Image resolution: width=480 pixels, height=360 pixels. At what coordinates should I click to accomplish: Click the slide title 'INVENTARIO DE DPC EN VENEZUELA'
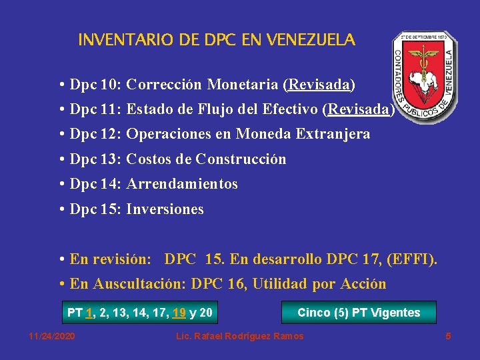[217, 40]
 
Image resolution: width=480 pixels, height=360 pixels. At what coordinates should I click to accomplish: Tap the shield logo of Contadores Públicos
[424, 77]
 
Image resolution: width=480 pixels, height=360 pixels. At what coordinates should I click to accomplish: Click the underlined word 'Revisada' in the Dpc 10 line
[319, 85]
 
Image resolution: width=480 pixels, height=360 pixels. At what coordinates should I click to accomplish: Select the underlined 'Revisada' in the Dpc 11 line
[358, 109]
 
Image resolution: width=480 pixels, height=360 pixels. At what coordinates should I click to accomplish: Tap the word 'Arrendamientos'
[182, 184]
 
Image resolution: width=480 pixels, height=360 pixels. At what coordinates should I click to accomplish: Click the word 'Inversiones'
[165, 209]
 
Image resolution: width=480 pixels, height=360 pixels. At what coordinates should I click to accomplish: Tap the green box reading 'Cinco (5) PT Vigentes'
[359, 313]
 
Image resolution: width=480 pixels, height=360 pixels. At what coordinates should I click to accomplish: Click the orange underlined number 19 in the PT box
[179, 313]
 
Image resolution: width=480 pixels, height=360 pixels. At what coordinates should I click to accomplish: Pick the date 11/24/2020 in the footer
[52, 336]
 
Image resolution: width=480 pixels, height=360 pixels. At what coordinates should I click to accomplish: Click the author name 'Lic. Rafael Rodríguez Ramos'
[239, 336]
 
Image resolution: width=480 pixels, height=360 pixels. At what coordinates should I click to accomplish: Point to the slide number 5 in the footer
[448, 336]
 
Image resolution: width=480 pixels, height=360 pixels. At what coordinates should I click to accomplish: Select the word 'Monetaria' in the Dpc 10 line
[243, 85]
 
